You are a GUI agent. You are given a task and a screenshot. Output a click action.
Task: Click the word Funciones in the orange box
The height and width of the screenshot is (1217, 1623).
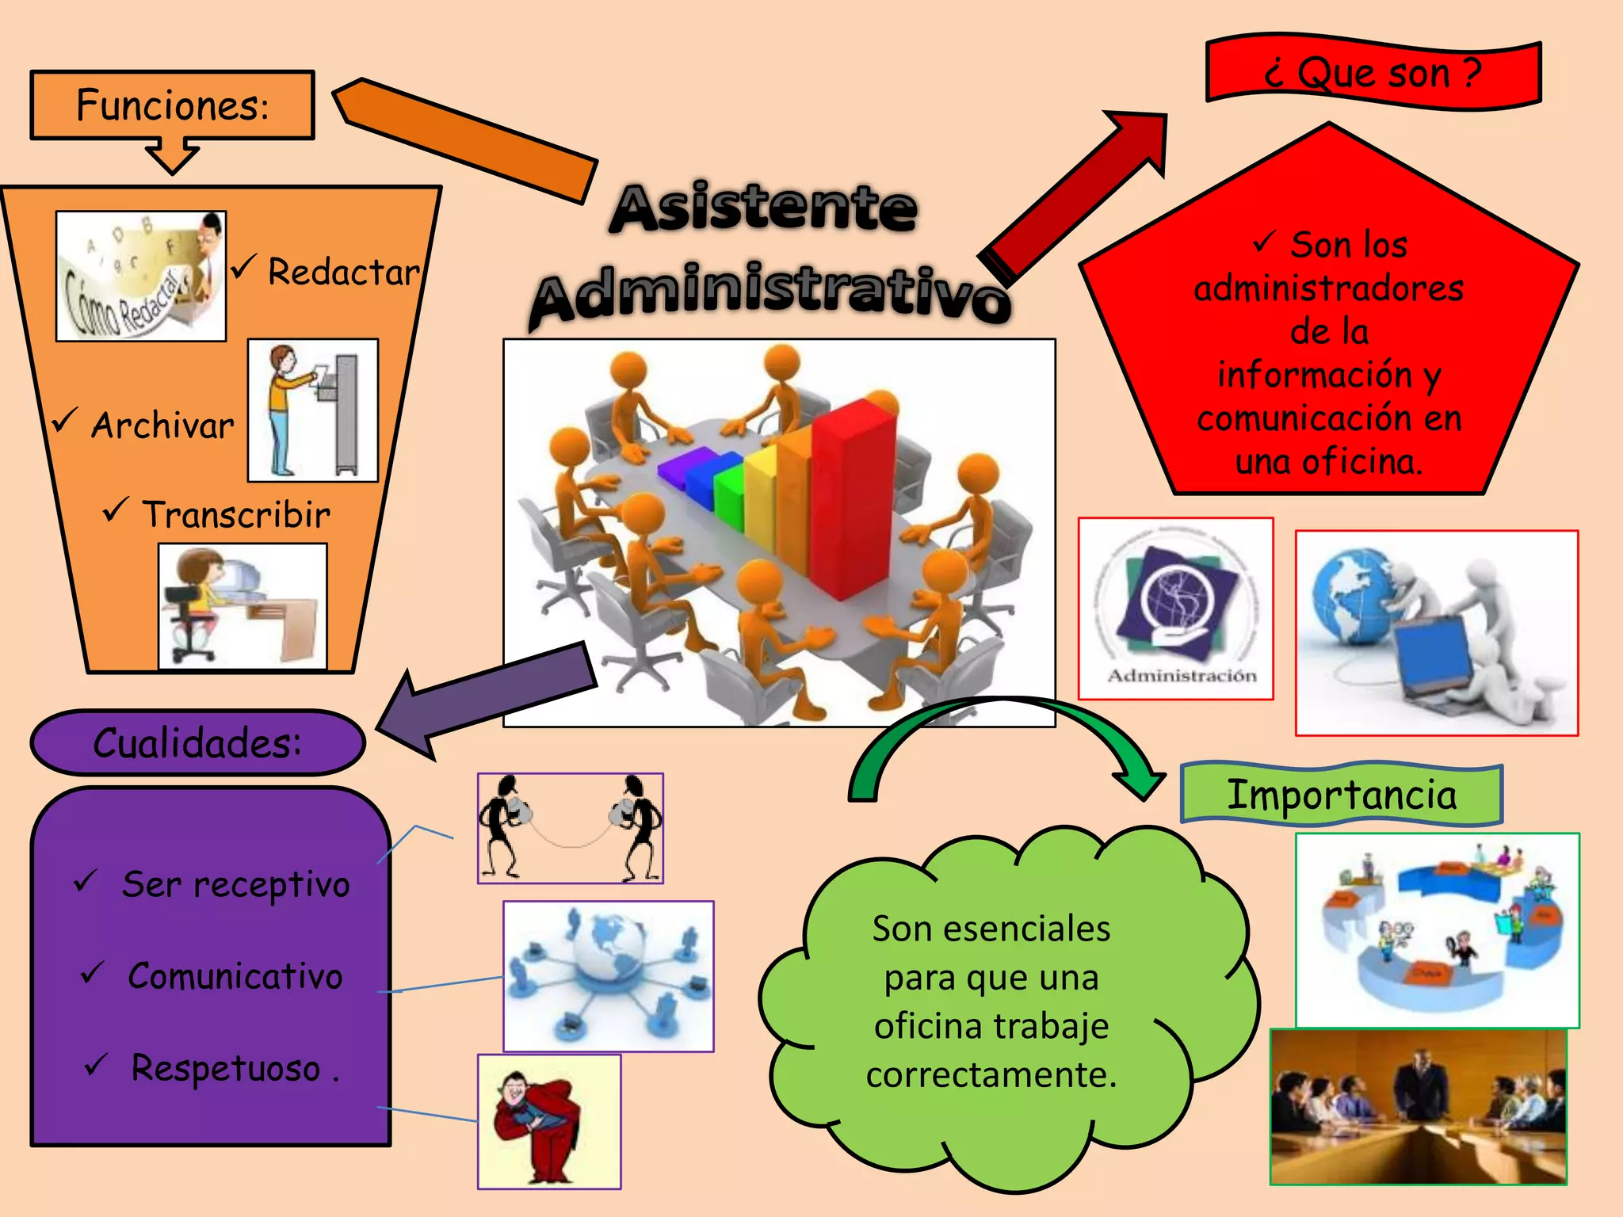coord(172,105)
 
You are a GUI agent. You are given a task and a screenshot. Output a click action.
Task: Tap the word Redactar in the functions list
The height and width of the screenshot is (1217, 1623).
coord(343,273)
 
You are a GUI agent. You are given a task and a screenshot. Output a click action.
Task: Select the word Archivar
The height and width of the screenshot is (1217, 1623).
coord(162,425)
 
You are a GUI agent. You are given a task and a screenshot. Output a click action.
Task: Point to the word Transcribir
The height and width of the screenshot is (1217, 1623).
coord(235,515)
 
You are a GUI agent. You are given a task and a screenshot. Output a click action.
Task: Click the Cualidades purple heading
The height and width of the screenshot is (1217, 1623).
coord(197,743)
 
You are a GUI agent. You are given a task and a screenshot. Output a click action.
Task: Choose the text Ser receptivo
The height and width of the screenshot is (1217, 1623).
coord(235,884)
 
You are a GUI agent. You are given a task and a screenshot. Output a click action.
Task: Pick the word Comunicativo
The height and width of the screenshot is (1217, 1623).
coord(235,976)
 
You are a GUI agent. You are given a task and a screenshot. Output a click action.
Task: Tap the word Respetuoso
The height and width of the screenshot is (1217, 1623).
coord(226,1068)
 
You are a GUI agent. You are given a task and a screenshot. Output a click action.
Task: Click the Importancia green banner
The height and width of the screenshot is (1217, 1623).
coord(1341,795)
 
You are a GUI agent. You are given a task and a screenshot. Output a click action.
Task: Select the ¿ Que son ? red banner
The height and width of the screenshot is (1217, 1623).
coord(1373,73)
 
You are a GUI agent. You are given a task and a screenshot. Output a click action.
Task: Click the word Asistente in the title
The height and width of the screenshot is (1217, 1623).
coord(764,208)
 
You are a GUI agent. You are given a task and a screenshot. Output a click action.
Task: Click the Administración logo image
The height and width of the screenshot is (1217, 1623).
coord(1176,608)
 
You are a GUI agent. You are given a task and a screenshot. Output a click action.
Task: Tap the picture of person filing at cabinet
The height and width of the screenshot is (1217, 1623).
coord(313,410)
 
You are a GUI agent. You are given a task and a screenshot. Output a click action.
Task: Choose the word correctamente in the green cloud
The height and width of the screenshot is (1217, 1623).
coord(991,1075)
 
